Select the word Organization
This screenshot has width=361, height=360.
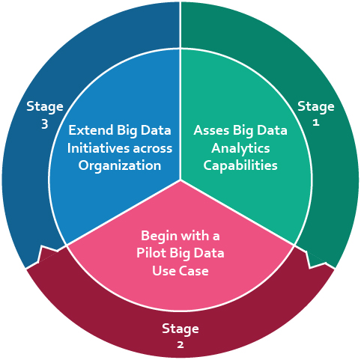120,166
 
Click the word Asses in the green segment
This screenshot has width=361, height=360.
211,130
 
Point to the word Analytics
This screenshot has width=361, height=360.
240,148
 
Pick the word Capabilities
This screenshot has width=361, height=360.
240,165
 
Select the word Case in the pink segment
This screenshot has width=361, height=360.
195,271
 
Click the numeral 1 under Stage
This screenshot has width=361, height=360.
316,123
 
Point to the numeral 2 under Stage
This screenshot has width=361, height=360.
180,345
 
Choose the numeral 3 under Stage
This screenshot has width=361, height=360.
45,124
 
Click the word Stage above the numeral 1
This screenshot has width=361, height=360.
316,107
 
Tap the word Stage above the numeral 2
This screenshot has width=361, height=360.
180,329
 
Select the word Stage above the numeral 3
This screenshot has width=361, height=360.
45,107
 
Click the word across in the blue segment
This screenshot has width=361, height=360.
153,149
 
